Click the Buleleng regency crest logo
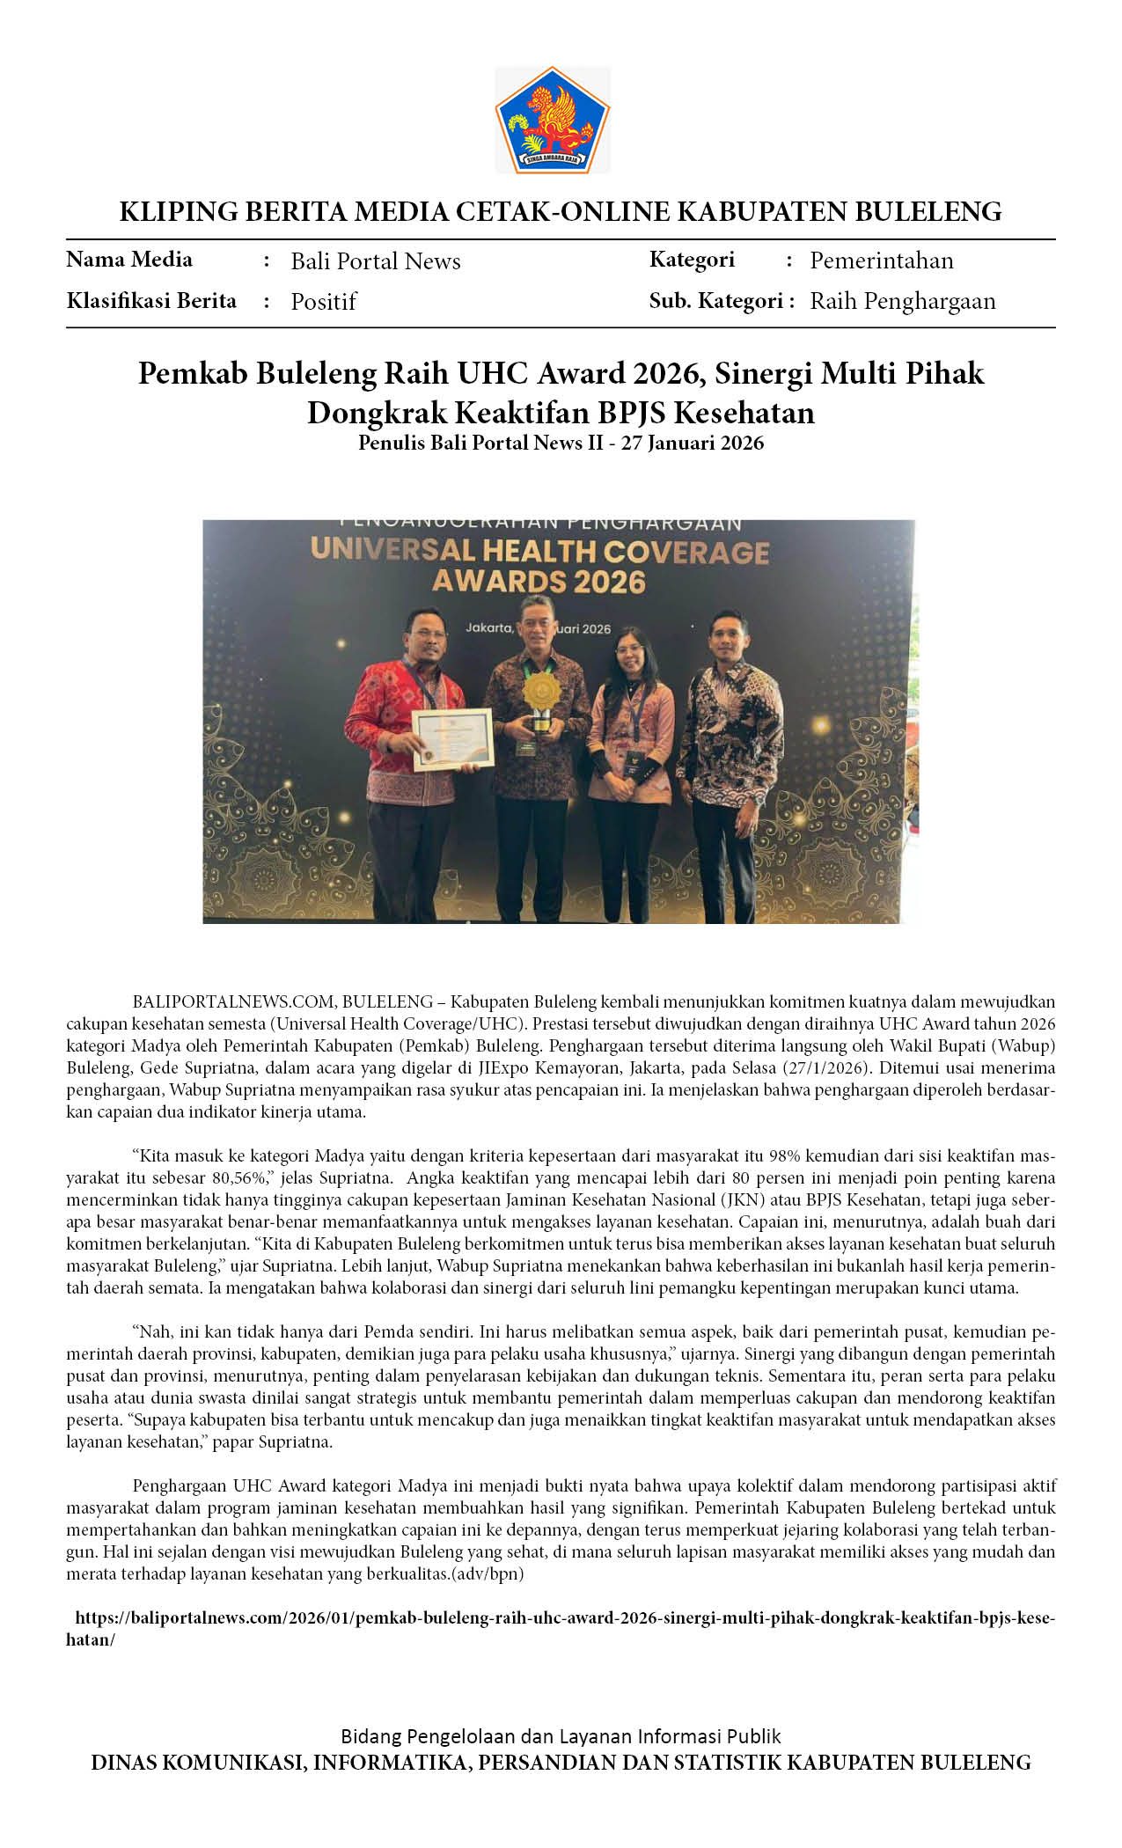[x=552, y=120]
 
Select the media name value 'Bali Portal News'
[x=376, y=261]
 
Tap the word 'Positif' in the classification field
[x=323, y=302]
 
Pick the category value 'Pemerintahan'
[x=881, y=260]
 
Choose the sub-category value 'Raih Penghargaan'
[x=902, y=301]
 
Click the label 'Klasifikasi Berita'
[x=151, y=301]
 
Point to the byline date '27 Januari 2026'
[x=693, y=443]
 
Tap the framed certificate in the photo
[x=452, y=738]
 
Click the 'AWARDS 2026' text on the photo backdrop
[x=539, y=582]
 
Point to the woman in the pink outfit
[x=630, y=757]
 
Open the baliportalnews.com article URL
[x=563, y=1617]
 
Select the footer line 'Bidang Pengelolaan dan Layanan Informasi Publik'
[x=561, y=1735]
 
